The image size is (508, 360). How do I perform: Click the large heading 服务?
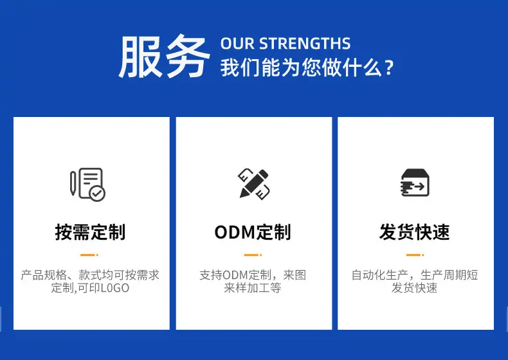tap(164, 57)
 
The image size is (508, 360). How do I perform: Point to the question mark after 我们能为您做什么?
tap(389, 67)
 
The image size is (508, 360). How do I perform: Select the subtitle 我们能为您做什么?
tap(301, 67)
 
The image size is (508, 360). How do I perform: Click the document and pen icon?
tap(88, 184)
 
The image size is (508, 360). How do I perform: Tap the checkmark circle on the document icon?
tap(97, 194)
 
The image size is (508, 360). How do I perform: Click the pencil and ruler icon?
tap(255, 184)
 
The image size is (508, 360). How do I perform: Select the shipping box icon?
tap(415, 183)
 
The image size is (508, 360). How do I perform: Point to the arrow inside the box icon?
tap(419, 186)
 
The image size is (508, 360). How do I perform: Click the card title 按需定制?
tap(90, 232)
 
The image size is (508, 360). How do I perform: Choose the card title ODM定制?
tap(253, 232)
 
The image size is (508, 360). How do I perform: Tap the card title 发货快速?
tap(415, 232)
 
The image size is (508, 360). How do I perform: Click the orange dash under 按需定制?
tap(89, 255)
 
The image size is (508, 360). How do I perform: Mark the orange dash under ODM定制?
tap(253, 255)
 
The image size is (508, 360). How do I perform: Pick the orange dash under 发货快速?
tap(415, 255)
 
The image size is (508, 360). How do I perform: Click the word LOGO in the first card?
tap(114, 288)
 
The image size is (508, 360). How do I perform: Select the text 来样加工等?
tap(253, 288)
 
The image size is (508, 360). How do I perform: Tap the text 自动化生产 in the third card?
tap(379, 275)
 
